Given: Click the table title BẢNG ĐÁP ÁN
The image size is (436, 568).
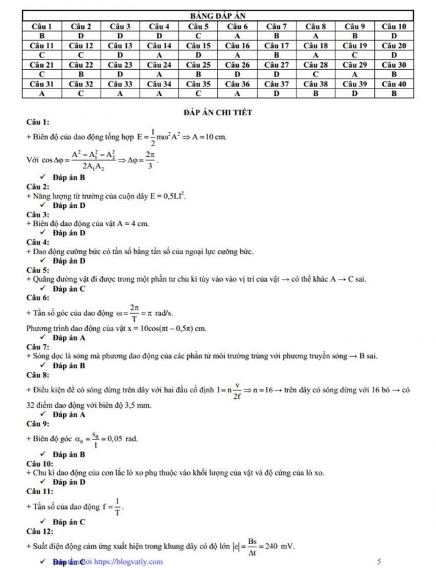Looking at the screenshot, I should pos(218,15).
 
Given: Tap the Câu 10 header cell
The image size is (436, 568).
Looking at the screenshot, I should pos(394,26).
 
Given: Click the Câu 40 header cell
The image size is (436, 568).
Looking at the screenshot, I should pos(394,84).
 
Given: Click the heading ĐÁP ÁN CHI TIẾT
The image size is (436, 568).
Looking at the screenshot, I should pos(218,112).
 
